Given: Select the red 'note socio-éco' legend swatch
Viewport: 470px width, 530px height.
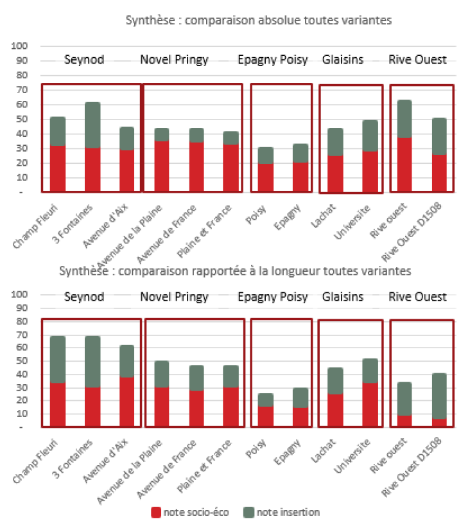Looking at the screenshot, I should pos(156,512).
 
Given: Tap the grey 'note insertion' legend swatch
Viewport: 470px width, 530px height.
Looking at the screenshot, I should pos(248,512).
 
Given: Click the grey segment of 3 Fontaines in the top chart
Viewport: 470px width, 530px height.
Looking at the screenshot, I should pos(92,125).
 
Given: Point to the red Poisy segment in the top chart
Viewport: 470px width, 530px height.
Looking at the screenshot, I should pos(266,177).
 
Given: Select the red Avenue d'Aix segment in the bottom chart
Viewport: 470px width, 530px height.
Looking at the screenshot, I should pos(126,402).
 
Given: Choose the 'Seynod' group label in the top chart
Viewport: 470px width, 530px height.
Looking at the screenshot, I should pos(84,60).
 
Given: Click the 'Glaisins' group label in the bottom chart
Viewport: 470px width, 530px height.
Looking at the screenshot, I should pos(342,297).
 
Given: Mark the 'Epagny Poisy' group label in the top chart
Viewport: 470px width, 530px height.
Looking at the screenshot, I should pos(272,60).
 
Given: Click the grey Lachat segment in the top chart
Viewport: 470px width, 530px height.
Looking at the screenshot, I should pos(335,142).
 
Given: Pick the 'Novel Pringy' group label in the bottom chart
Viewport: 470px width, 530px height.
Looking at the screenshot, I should pos(174,297).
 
